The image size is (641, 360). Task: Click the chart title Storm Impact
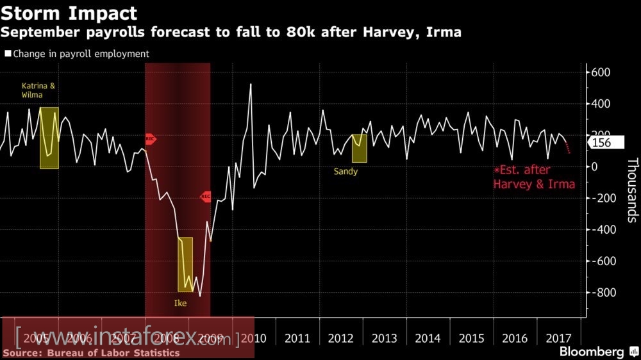[x=69, y=12]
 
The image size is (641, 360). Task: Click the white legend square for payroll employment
[x=8, y=54]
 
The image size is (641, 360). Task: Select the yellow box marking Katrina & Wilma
[x=49, y=138]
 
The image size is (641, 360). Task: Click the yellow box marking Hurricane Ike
[x=185, y=264]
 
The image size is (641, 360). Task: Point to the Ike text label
[x=181, y=302]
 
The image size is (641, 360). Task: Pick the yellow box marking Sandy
[x=359, y=148]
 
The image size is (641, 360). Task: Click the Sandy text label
[x=345, y=172]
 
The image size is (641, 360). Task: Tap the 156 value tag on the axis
[x=602, y=143]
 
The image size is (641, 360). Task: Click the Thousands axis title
[x=632, y=190]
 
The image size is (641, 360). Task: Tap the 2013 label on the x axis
[x=385, y=338]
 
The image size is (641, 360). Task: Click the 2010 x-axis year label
[x=254, y=338]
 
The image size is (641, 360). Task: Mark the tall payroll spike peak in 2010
[x=250, y=85]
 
